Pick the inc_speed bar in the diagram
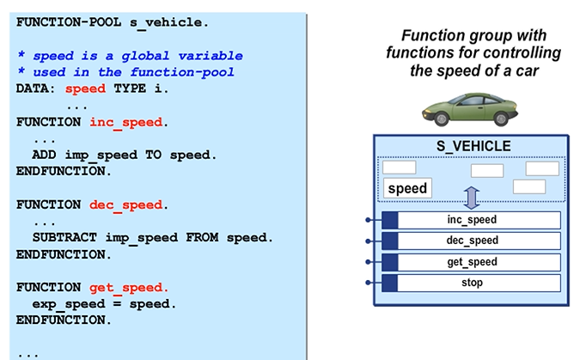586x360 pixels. (x=472, y=220)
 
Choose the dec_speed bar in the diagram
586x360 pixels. (x=472, y=241)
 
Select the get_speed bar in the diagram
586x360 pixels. (x=472, y=262)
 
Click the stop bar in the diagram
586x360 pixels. (x=472, y=283)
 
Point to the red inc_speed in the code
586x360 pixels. (x=125, y=122)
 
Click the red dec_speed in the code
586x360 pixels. (x=125, y=204)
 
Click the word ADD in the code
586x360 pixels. (x=45, y=156)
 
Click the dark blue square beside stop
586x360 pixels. (x=389, y=283)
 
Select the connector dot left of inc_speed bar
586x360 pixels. (x=367, y=220)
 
